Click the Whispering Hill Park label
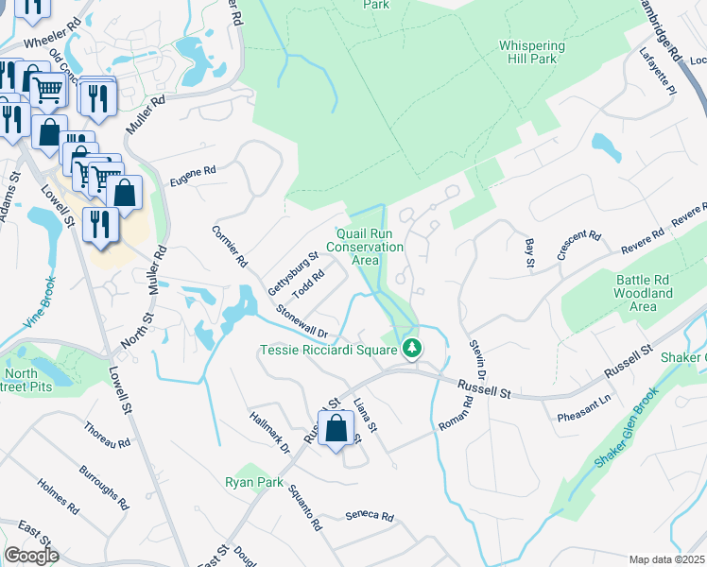click(532, 52)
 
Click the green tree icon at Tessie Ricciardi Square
click(411, 350)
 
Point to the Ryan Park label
click(254, 482)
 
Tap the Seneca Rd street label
click(369, 515)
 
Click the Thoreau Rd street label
click(106, 436)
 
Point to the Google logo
click(31, 556)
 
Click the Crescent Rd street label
click(579, 247)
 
